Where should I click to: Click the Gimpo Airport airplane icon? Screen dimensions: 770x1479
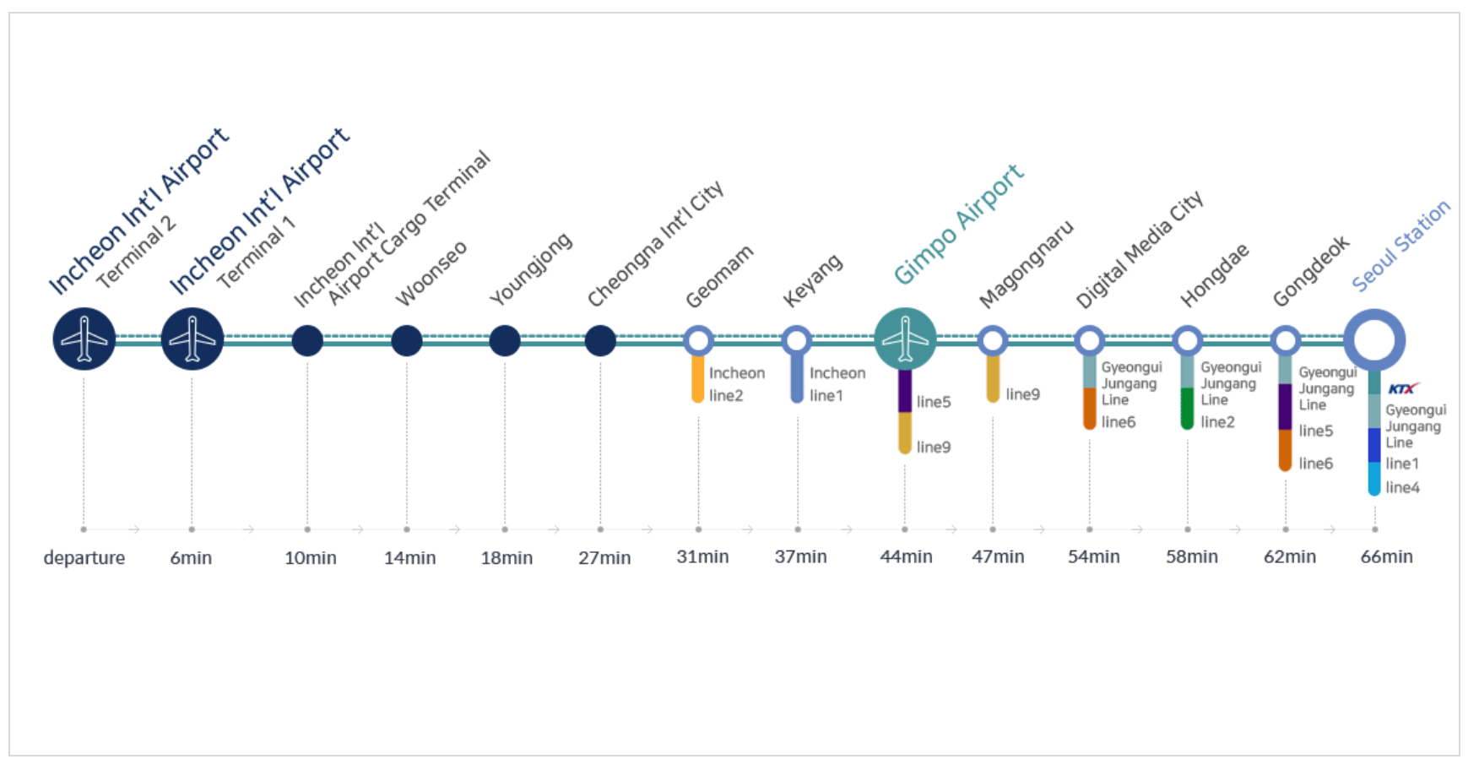point(905,339)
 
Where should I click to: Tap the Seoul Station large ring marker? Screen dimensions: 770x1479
point(1374,340)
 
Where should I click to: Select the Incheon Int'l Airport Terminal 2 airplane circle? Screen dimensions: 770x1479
point(84,339)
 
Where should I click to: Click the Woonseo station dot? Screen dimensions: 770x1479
point(406,340)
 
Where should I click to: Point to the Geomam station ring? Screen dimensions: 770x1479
point(698,340)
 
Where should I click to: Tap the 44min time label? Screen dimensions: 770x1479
point(906,557)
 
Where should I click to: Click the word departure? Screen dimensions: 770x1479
point(84,558)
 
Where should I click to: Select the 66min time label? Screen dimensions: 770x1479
point(1386,557)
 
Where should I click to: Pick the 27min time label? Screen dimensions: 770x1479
point(604,558)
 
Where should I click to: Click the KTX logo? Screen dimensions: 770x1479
point(1402,388)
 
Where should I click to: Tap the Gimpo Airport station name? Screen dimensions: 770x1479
point(958,225)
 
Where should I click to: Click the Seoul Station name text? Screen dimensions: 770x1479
point(1400,246)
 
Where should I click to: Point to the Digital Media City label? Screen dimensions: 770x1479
point(1139,250)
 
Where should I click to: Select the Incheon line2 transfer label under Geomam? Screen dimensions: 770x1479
point(736,384)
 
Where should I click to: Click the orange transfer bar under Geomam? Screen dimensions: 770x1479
point(698,379)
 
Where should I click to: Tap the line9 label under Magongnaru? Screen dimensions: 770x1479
point(1022,394)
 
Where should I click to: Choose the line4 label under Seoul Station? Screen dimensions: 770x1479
point(1402,487)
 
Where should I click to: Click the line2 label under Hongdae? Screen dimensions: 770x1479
point(1217,422)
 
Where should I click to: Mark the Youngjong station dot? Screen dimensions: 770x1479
point(505,340)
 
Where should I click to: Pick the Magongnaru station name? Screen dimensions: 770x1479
point(1026,264)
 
